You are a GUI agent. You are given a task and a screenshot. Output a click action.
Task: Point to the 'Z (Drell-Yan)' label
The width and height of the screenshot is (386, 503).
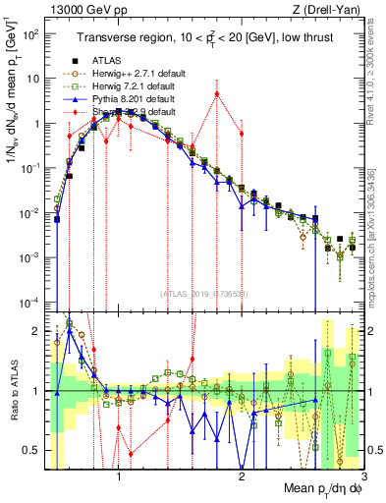330,10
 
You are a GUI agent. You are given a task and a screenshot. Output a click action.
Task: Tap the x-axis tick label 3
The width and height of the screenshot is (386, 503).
363,480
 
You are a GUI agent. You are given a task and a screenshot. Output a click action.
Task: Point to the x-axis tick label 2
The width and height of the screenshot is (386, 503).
242,480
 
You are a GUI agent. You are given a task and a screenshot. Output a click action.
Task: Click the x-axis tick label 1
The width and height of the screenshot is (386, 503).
119,480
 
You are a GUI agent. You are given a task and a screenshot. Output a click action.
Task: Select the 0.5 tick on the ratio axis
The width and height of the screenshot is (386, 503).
32,450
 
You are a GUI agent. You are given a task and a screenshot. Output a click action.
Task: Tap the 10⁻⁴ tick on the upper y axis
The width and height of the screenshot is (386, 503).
31,302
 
